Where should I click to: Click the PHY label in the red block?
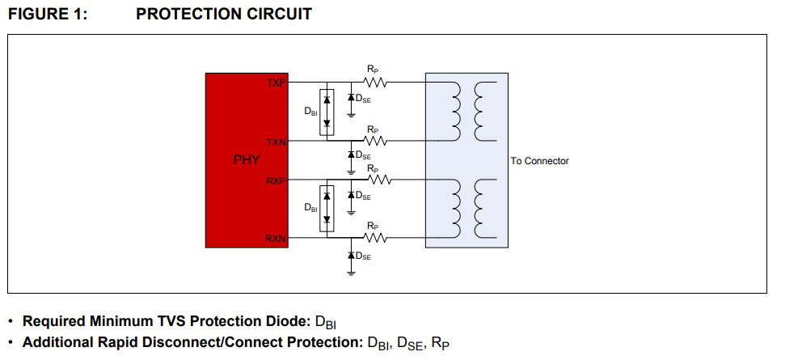(247, 160)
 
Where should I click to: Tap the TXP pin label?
(277, 83)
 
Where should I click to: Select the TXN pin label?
(277, 142)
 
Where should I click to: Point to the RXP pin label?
(277, 180)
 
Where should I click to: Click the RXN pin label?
(277, 238)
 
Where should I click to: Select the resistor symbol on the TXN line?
(376, 142)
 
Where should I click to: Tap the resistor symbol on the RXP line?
(376, 180)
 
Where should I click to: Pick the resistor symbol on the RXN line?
(376, 238)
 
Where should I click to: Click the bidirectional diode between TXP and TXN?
(327, 112)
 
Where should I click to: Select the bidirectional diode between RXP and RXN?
(327, 208)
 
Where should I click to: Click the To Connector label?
(539, 161)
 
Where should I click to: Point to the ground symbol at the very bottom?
(350, 273)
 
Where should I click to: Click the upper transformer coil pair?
(467, 112)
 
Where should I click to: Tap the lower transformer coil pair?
(467, 208)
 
